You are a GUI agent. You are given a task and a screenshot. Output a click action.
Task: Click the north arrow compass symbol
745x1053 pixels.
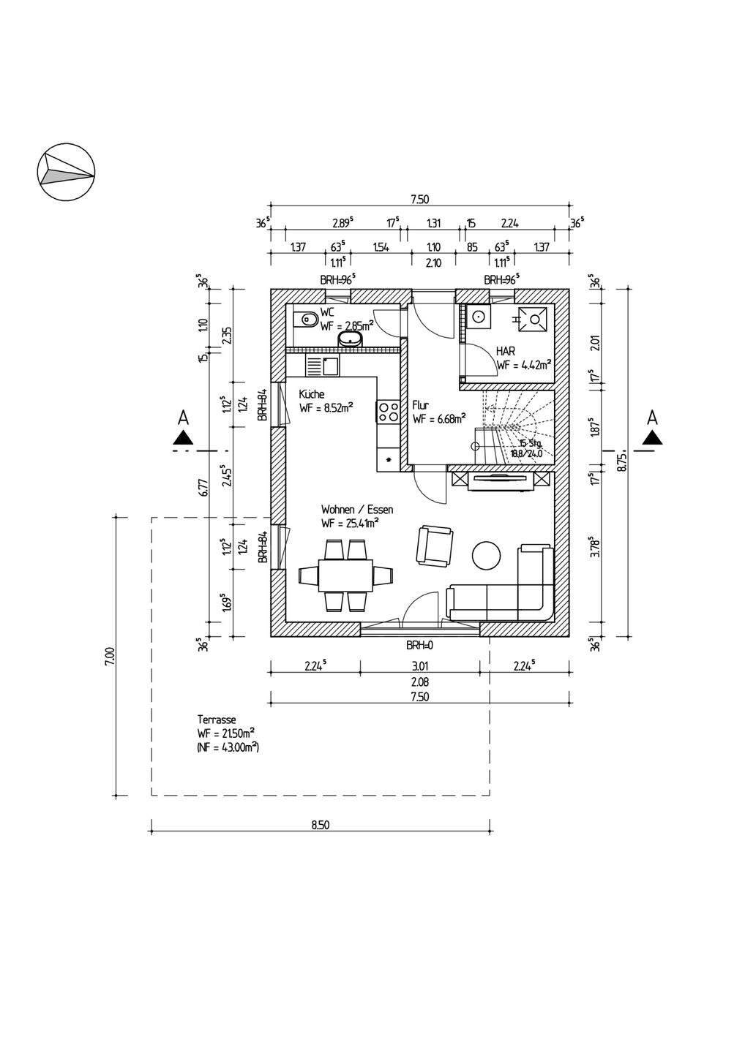coord(66,173)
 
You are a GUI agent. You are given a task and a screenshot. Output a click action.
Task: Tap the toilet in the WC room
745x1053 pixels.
coord(307,319)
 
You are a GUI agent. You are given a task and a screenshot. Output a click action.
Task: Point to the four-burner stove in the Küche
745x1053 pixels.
coord(387,412)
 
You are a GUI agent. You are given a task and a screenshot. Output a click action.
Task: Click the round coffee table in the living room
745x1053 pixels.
coord(487,555)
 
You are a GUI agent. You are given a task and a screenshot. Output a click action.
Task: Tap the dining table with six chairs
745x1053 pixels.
coord(345,575)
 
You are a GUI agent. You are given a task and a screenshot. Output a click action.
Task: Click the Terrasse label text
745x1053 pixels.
coord(217,720)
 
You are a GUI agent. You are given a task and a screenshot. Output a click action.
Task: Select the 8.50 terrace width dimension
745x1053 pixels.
coord(320,825)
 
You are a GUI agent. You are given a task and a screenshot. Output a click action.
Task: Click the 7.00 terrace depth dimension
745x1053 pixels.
coord(110,655)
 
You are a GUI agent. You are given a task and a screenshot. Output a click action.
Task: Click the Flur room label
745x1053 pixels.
coord(421,404)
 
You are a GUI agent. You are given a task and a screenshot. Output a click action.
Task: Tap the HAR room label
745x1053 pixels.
coord(505,351)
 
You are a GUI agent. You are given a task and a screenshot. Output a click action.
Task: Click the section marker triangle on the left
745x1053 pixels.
coord(183,438)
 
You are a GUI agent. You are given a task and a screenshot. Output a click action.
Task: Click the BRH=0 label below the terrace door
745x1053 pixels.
coord(421,646)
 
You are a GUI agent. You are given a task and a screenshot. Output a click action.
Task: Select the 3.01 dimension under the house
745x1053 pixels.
coord(419,665)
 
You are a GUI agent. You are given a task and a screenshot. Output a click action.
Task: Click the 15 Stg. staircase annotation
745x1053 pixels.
coord(530,443)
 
